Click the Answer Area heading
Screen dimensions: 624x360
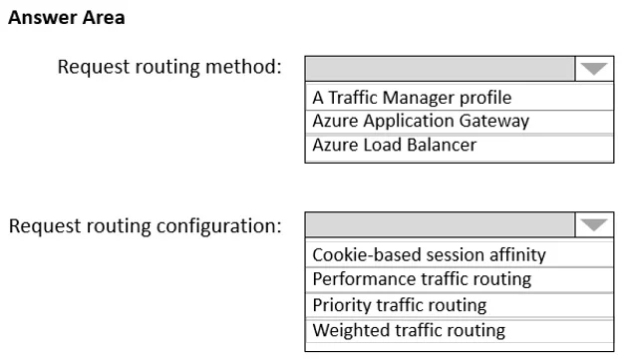(x=67, y=18)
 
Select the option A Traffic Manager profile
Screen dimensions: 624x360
(x=412, y=98)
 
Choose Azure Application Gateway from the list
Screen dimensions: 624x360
(x=421, y=121)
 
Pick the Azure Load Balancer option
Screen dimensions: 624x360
(x=395, y=145)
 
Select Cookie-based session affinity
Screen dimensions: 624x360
(x=429, y=255)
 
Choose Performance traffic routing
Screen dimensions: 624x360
(x=422, y=279)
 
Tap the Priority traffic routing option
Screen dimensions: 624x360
(x=400, y=305)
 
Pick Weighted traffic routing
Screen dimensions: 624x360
(x=409, y=330)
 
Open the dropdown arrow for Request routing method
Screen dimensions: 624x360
(x=594, y=69)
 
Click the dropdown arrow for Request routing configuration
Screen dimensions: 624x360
(x=594, y=225)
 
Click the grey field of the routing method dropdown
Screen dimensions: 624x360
(x=441, y=69)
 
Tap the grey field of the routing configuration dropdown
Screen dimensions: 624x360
(x=441, y=225)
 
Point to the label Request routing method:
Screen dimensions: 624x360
(x=169, y=67)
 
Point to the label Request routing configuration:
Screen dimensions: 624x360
(x=146, y=226)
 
